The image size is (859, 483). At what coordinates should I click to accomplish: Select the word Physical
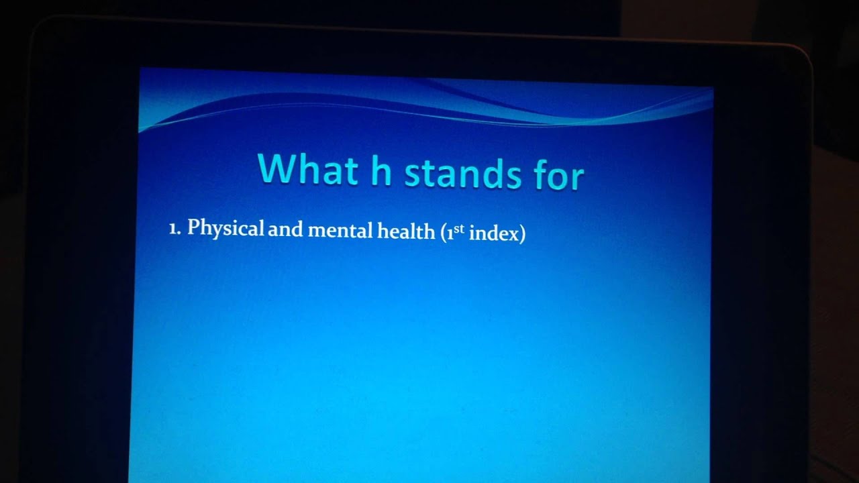tap(225, 229)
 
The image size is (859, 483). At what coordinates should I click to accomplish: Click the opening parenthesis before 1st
tap(444, 234)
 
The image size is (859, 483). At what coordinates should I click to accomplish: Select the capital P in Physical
tap(193, 227)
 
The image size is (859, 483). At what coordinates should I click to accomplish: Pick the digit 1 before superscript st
tap(450, 234)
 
